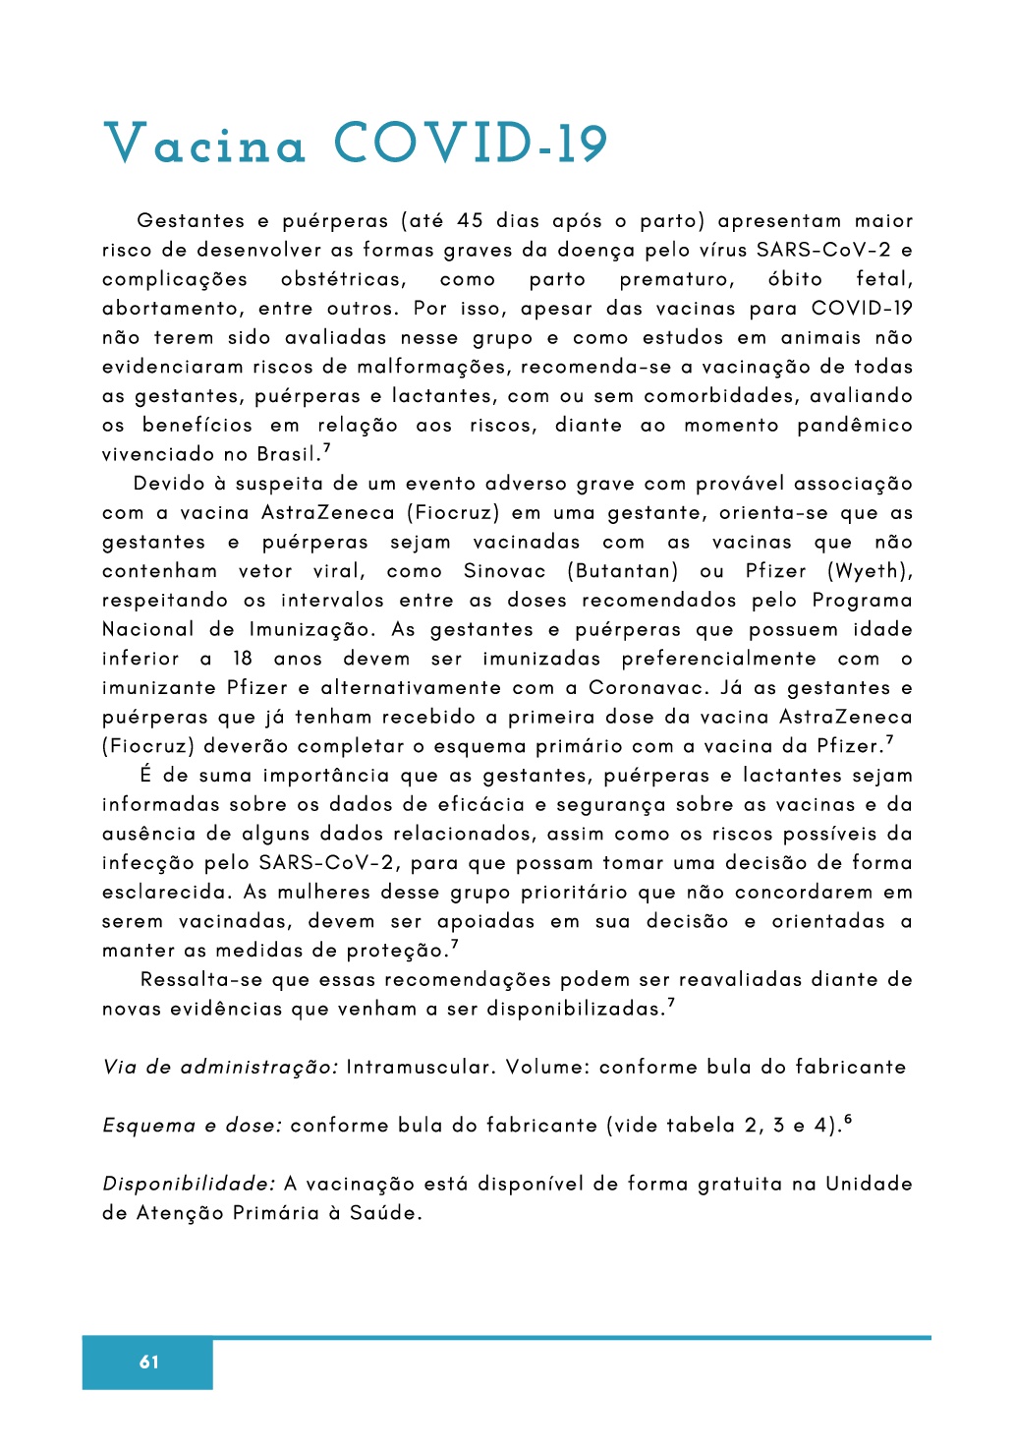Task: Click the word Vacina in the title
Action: click(x=204, y=144)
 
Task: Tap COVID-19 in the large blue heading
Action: click(x=471, y=144)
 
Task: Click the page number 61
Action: click(x=148, y=1362)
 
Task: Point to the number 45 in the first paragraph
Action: click(x=470, y=221)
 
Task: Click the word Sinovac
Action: click(x=504, y=571)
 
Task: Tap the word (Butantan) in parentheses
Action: click(x=623, y=571)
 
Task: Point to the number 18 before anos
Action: click(x=243, y=659)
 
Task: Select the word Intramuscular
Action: click(x=420, y=1068)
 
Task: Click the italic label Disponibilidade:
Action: click(x=189, y=1184)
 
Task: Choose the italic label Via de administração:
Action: click(x=220, y=1068)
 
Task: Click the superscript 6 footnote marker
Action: click(x=848, y=1119)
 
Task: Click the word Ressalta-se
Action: click(x=202, y=980)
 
